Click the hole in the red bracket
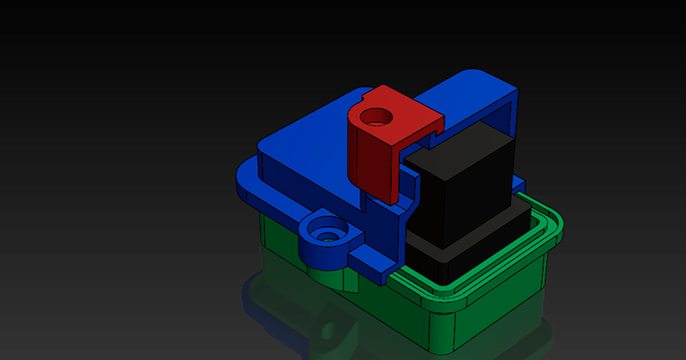(375, 115)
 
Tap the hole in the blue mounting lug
(325, 230)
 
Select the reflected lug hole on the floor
(328, 331)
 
